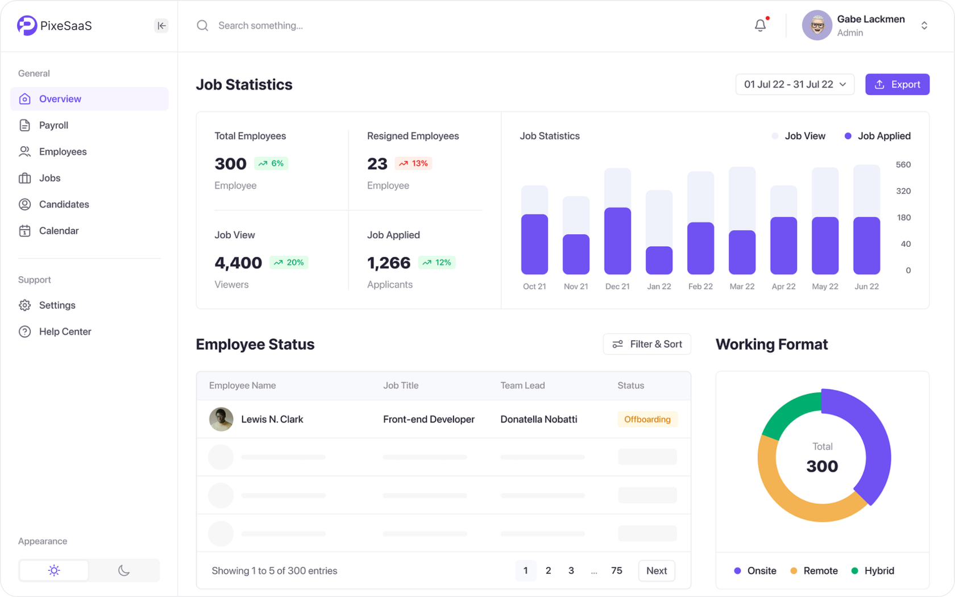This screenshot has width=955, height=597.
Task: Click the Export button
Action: (897, 84)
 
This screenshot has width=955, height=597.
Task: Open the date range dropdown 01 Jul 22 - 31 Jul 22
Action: (795, 84)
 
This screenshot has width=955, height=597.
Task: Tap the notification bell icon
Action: (760, 26)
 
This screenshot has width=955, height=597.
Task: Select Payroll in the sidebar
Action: (53, 125)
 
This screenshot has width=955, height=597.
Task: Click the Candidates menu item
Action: (64, 204)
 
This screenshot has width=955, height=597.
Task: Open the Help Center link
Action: (65, 331)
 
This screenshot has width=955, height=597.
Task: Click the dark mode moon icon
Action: (124, 570)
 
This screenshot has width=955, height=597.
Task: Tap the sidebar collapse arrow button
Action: (161, 26)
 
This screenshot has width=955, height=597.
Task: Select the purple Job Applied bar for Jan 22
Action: (659, 260)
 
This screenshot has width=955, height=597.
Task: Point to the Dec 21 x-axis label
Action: (617, 287)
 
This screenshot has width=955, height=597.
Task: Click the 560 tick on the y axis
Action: (903, 165)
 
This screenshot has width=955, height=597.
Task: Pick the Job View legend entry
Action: (799, 136)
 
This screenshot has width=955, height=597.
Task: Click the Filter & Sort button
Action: (647, 344)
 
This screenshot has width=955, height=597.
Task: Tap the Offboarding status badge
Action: (647, 419)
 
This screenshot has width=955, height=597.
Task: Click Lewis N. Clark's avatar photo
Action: (221, 419)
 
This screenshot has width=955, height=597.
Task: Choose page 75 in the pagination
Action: (617, 570)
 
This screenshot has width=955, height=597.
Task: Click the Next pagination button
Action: (657, 570)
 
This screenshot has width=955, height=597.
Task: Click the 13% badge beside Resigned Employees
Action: (413, 163)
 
